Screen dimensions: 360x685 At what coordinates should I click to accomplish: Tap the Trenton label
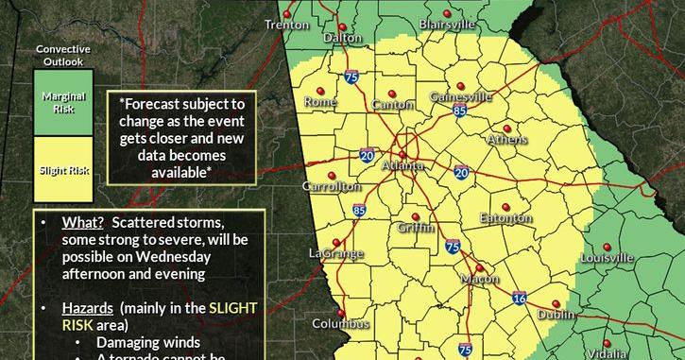coord(287,25)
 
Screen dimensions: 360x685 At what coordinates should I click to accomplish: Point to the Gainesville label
coord(461,96)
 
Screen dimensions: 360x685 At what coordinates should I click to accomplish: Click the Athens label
coord(507,140)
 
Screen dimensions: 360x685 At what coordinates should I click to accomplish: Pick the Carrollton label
coord(331,187)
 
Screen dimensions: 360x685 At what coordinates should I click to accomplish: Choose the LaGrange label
coord(334,253)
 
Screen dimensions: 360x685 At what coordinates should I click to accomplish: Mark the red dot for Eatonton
coord(505,206)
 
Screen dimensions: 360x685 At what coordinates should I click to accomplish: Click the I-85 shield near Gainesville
coord(459,111)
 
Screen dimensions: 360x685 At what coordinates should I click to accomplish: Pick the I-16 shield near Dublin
coord(521,298)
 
